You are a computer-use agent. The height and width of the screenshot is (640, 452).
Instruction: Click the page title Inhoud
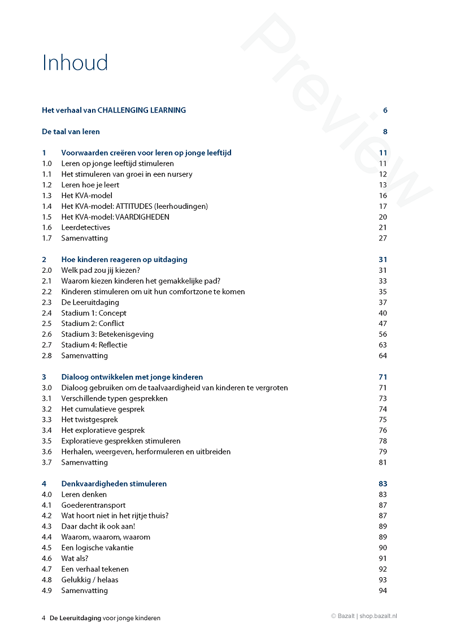tap(75, 62)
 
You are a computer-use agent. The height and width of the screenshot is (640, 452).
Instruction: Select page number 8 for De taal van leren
tap(385, 132)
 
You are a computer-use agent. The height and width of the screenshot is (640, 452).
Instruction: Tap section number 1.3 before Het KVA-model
tap(47, 196)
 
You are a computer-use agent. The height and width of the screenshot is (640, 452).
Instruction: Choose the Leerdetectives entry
tap(86, 227)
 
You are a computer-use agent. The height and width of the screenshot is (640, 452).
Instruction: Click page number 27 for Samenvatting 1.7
tap(383, 238)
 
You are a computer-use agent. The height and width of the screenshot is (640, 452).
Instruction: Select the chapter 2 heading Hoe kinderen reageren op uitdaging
tap(124, 260)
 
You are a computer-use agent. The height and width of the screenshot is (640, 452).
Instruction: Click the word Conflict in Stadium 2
tap(111, 324)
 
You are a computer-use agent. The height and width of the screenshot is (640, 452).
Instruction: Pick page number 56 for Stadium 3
tap(383, 334)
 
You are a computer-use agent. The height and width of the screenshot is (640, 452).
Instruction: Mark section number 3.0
tap(47, 388)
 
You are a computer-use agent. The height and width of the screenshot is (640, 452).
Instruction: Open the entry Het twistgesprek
tap(90, 420)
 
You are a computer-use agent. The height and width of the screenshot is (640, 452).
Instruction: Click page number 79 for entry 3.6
tap(383, 452)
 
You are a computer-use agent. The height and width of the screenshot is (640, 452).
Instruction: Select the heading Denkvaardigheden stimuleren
tap(114, 484)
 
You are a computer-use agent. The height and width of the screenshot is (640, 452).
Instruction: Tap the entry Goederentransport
tap(93, 505)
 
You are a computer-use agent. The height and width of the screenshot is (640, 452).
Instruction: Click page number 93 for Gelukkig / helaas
tap(383, 580)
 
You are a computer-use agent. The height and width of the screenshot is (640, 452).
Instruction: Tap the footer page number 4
tap(44, 618)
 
